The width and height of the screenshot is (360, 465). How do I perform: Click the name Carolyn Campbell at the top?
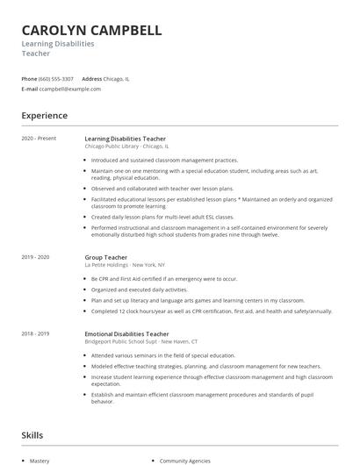click(x=91, y=30)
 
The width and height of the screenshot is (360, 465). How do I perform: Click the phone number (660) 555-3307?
click(x=56, y=79)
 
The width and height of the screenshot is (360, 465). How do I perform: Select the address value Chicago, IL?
click(x=117, y=79)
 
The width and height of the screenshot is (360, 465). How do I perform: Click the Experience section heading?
click(x=44, y=116)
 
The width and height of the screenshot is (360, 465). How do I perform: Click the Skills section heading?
click(x=32, y=435)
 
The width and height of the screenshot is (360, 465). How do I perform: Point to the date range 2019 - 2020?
click(x=35, y=256)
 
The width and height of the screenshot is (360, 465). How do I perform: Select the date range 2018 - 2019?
click(x=35, y=333)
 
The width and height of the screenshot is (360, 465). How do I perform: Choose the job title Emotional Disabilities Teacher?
click(x=126, y=333)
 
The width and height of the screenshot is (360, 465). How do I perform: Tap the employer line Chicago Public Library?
click(x=126, y=147)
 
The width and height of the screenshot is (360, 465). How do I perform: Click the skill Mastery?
click(x=40, y=460)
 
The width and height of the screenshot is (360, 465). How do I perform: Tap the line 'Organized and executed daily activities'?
click(x=139, y=289)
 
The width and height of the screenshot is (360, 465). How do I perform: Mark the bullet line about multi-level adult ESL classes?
click(x=162, y=216)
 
